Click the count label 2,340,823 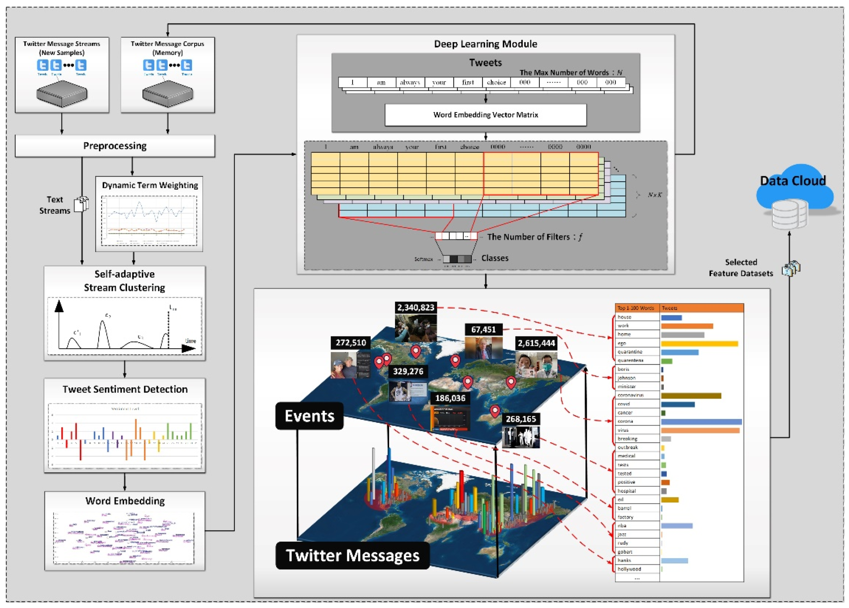(415, 307)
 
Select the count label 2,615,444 (536, 343)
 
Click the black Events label (309, 416)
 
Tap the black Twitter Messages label (352, 555)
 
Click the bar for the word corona (701, 421)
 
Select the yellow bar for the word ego (699, 343)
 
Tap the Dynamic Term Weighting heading (150, 185)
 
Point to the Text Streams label (55, 205)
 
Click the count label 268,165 (520, 419)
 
